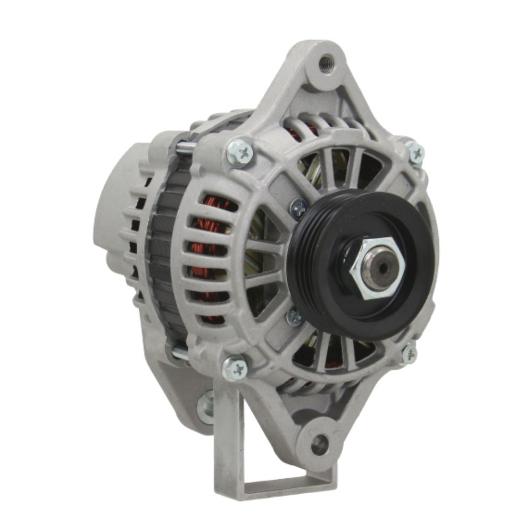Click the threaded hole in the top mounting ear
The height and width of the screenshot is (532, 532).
pos(326,65)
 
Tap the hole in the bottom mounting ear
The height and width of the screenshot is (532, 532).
pos(319,444)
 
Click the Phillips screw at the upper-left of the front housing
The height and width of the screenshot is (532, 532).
pos(239,152)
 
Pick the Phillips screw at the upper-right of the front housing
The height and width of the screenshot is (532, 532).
pos(415,153)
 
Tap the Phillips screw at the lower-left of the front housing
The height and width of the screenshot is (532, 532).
pos(235,368)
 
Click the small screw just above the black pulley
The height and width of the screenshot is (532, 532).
pos(299,207)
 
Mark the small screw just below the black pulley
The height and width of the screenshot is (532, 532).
pos(294,317)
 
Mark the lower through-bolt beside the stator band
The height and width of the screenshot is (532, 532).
pos(179,352)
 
